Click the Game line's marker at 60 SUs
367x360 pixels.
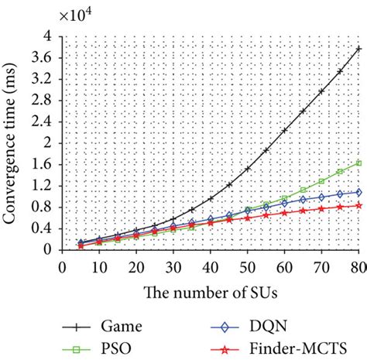(x=284, y=130)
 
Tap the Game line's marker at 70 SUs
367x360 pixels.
(x=321, y=91)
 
